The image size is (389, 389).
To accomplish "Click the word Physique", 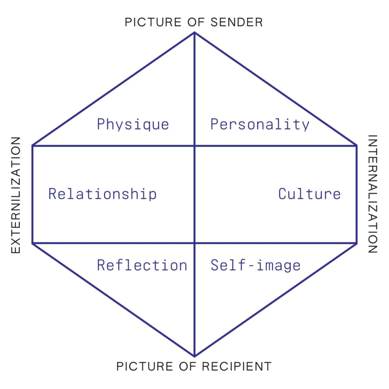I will [133, 125].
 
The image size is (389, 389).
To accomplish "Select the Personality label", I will [260, 125].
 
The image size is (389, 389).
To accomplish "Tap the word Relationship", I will [102, 194].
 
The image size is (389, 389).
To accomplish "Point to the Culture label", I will [309, 194].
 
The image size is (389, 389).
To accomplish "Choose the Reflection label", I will [142, 265].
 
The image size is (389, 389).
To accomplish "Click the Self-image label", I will [255, 265].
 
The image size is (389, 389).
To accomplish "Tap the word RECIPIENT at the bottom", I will [237, 367].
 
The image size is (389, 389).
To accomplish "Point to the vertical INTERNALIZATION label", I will [373, 194].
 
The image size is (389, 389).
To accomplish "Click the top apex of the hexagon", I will [194, 33].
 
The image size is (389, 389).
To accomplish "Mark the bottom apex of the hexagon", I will [194, 356].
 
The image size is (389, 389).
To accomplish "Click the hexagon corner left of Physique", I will [33, 145].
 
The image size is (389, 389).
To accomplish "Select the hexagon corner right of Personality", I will [356, 145].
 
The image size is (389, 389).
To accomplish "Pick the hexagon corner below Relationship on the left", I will [33, 243].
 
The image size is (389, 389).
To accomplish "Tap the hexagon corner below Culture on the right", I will [356, 243].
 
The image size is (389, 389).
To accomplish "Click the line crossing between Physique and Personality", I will [194, 145].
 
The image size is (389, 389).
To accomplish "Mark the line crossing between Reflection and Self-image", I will [194, 243].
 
